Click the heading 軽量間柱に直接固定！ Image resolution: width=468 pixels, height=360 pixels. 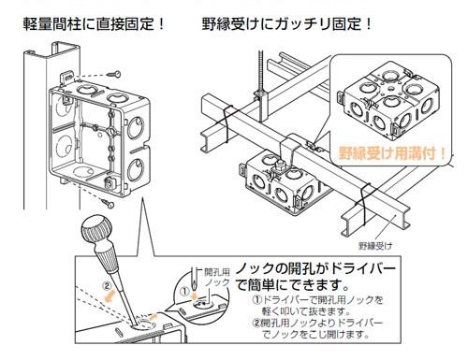tap(94, 24)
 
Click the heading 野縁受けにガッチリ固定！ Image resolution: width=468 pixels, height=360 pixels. tap(287, 24)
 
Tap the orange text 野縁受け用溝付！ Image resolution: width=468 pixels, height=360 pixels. tap(392, 153)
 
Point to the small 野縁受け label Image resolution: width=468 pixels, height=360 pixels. tap(375, 246)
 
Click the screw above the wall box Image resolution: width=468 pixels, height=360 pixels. tap(114, 74)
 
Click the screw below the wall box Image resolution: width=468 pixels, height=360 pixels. tap(108, 203)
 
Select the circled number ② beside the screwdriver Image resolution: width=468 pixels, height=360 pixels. tap(107, 285)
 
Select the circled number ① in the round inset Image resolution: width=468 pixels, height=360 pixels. tap(185, 292)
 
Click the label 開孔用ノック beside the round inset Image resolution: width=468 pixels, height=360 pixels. tap(217, 277)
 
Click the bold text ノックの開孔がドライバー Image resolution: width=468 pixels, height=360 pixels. tap(315, 268)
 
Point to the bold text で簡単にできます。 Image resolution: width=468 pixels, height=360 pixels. tap(292, 284)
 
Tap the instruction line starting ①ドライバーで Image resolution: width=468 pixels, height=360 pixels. tap(317, 306)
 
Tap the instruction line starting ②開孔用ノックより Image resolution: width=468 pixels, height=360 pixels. tap(317, 328)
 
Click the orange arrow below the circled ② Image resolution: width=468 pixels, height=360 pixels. tap(110, 296)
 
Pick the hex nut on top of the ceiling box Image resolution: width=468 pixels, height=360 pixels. tap(280, 165)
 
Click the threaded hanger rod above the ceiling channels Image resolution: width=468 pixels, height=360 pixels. tap(261, 72)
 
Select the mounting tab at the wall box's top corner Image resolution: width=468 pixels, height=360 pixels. tap(66, 77)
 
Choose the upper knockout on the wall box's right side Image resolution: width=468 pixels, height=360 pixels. tap(136, 127)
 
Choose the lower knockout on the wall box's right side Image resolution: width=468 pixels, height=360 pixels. tap(136, 169)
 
